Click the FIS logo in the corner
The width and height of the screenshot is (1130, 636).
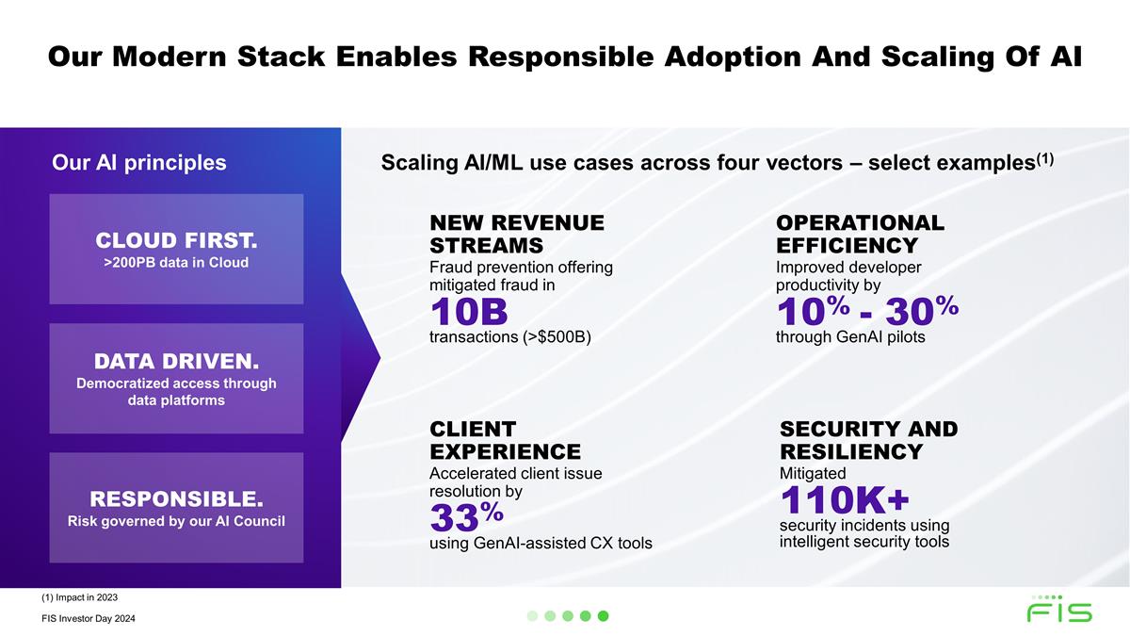point(1059,611)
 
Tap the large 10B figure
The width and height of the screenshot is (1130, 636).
point(469,311)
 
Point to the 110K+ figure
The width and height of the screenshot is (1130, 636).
point(844,499)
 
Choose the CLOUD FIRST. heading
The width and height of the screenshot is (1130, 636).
point(176,236)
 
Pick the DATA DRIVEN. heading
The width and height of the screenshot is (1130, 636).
point(176,362)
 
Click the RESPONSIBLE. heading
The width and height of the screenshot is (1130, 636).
point(176,497)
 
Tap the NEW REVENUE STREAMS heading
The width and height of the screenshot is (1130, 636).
point(516,234)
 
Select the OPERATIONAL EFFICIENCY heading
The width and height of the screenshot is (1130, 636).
point(859,234)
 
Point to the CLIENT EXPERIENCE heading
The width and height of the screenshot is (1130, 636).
point(505,440)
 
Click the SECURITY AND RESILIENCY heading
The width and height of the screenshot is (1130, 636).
point(868,440)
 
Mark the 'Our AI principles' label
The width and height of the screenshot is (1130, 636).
point(139,163)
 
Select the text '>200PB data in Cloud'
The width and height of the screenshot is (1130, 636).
point(176,263)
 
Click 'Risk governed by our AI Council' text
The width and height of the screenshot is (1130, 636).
point(176,521)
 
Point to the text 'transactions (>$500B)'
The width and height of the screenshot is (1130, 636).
point(509,337)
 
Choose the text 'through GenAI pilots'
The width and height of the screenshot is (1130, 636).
point(850,337)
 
